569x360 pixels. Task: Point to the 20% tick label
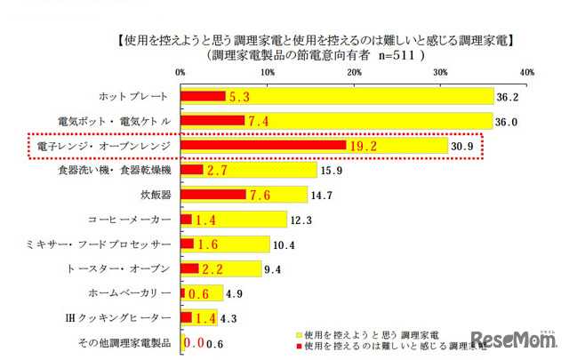point(353,70)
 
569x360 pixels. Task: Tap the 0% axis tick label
point(180,70)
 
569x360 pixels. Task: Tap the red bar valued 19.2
point(263,145)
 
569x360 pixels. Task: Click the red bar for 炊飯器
point(213,194)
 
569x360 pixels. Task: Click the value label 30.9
point(464,145)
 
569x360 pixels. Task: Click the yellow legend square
point(297,332)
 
